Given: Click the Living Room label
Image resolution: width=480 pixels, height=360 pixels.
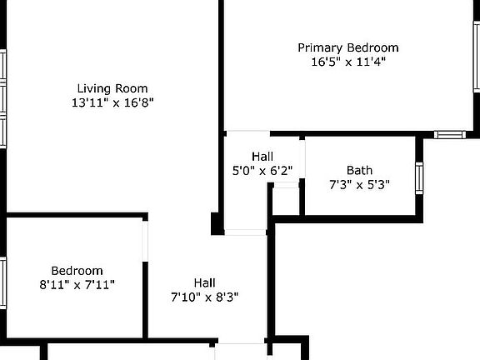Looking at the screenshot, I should click(x=112, y=88).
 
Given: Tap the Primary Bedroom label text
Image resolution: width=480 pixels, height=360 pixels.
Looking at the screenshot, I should click(x=348, y=47).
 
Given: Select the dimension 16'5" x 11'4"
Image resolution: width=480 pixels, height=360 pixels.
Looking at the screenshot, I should click(x=348, y=62).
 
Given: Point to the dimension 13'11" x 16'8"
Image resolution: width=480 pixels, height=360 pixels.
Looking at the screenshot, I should click(x=112, y=102).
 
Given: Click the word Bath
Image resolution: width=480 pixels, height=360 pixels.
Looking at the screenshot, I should click(x=360, y=170).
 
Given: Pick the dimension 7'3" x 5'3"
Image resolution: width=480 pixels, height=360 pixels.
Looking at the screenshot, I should click(x=360, y=184).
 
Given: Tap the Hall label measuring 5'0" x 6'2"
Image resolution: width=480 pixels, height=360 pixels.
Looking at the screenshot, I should click(x=262, y=157).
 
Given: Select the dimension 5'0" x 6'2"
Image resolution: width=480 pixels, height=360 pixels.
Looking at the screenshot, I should click(x=262, y=171).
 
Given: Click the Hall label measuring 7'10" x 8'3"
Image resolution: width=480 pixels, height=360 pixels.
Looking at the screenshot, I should click(x=205, y=282).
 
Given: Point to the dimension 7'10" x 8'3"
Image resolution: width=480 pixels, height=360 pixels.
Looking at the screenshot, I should click(x=205, y=297).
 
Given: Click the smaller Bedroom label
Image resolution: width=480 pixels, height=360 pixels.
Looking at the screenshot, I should click(x=77, y=271).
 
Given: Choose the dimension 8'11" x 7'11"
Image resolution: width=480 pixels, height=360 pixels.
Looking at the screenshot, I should click(x=77, y=285).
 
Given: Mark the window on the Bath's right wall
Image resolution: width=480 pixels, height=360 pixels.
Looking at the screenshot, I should click(x=419, y=177).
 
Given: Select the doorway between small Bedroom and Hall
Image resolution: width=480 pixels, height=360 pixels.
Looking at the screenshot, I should click(x=147, y=241).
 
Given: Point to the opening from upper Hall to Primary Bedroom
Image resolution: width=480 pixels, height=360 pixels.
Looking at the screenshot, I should click(x=248, y=132).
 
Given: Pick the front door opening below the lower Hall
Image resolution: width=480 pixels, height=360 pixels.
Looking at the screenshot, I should click(x=240, y=344).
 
